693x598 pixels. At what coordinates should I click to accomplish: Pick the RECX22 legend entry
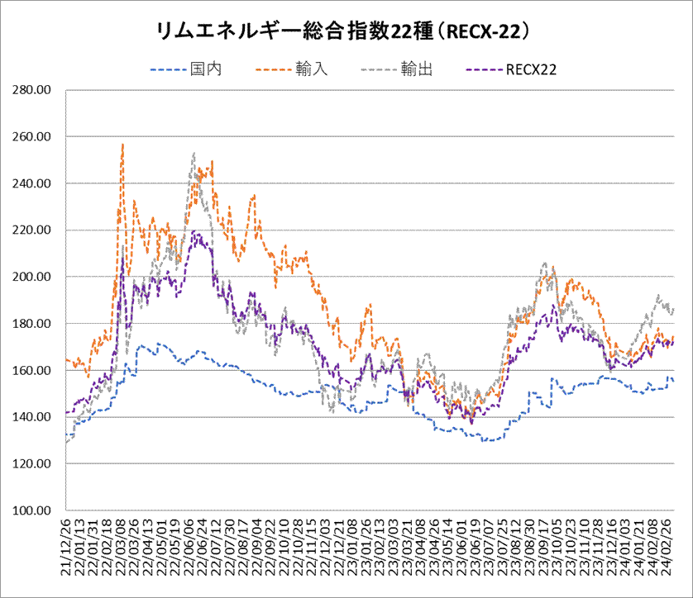point(530,70)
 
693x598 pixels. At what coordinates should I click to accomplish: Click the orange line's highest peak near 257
point(122,145)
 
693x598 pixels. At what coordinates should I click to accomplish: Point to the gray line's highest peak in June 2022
point(194,154)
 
